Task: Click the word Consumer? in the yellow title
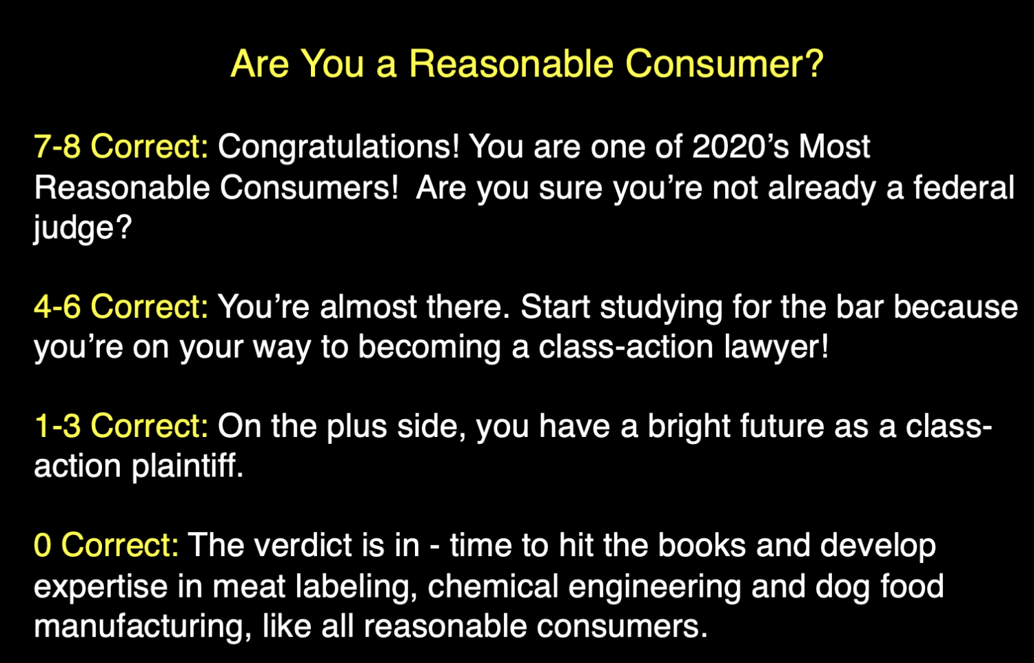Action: click(x=724, y=64)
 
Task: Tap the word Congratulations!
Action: click(x=338, y=147)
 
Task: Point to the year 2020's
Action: click(x=740, y=147)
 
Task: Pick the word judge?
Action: click(x=82, y=228)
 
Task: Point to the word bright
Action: click(x=689, y=426)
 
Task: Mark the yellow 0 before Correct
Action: click(x=42, y=545)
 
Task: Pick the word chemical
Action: click(x=492, y=586)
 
